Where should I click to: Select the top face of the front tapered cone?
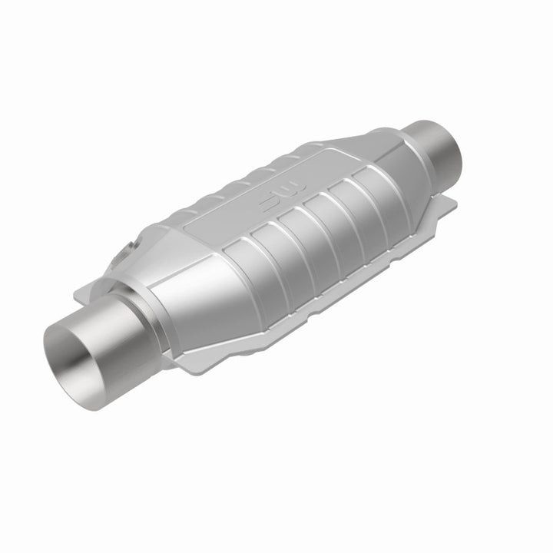coord(165,246)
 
